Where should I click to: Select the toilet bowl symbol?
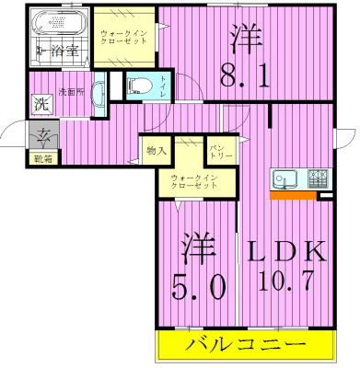pos(137,86)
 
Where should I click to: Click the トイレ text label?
pos(163,87)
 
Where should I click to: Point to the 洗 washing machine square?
pos(41,106)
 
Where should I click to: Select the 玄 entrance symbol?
pos(42,139)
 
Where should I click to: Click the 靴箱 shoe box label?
pos(42,158)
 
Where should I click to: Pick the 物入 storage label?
pos(157,148)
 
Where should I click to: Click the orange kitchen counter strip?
pos(293,194)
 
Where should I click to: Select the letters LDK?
pos(285,250)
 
